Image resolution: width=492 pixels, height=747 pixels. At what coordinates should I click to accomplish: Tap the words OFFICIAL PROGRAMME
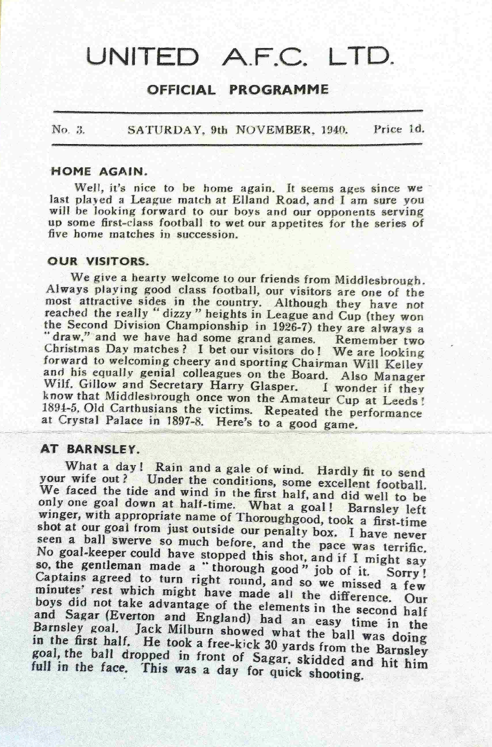click(x=238, y=90)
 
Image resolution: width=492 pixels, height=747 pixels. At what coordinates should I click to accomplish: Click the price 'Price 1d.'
click(x=398, y=130)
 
